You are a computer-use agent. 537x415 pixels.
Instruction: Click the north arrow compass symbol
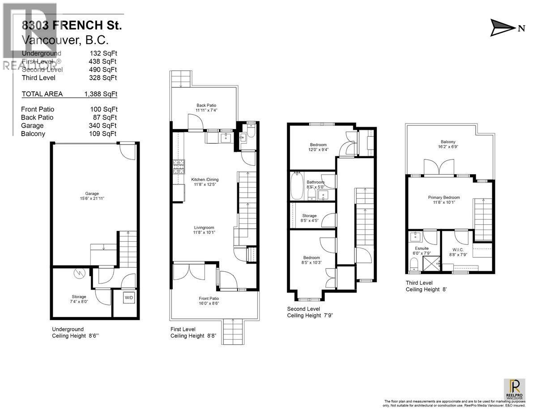(x=503, y=27)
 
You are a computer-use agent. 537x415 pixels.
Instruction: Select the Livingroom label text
(x=203, y=227)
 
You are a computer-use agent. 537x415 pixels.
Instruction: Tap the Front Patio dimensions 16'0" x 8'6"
(x=209, y=304)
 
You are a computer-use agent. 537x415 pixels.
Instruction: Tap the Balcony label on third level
(x=447, y=142)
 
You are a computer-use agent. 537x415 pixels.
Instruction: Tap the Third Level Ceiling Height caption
(x=426, y=286)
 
